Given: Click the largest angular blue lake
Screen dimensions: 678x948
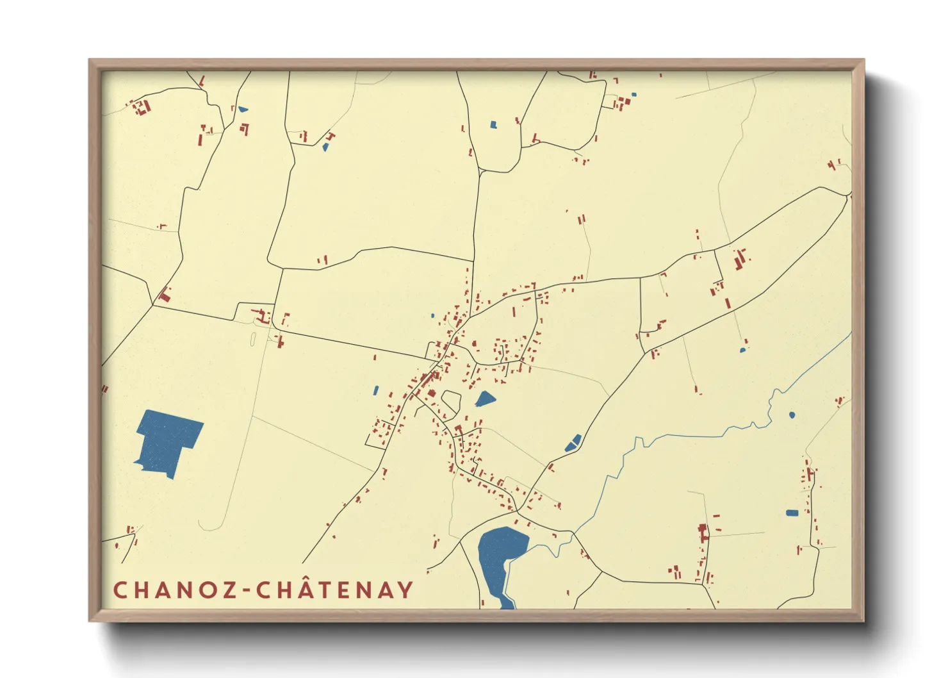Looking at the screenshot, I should coord(168,441).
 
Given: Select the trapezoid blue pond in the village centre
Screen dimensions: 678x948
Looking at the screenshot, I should coord(485,400).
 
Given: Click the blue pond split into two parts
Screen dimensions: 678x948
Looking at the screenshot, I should coord(573,443).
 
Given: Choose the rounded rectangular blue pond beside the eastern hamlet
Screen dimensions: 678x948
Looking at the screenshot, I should coord(792,513).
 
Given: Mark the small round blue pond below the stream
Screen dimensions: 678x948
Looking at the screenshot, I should coord(792,415).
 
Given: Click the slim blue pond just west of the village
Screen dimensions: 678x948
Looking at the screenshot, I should coord(376,390).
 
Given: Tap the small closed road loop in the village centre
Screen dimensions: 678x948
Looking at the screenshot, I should coord(451,402).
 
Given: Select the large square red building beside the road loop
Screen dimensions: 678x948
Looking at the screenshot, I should coord(432,395).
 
